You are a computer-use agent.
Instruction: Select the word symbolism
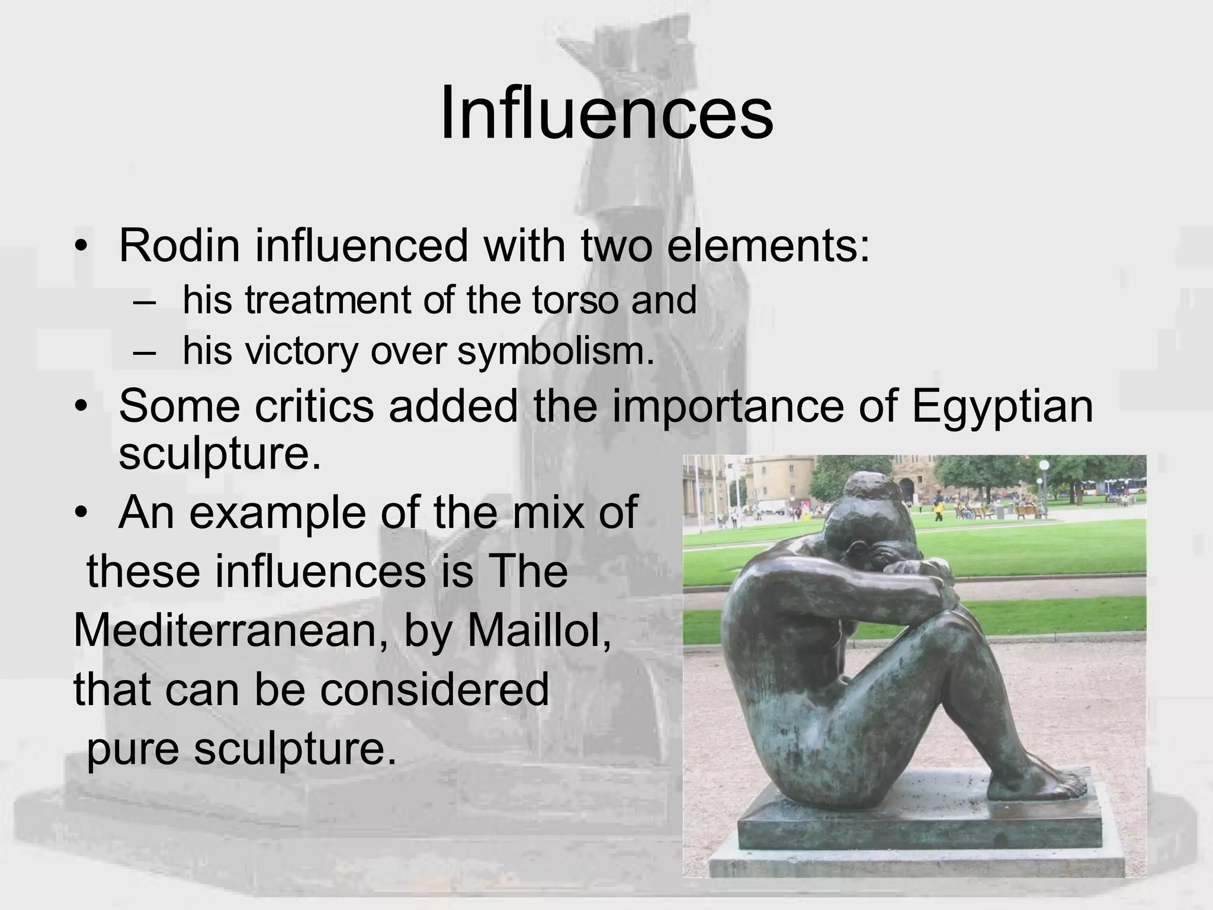pyautogui.click(x=556, y=351)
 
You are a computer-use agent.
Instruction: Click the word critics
pyautogui.click(x=314, y=406)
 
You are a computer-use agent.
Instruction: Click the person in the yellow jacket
pyautogui.click(x=939, y=508)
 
